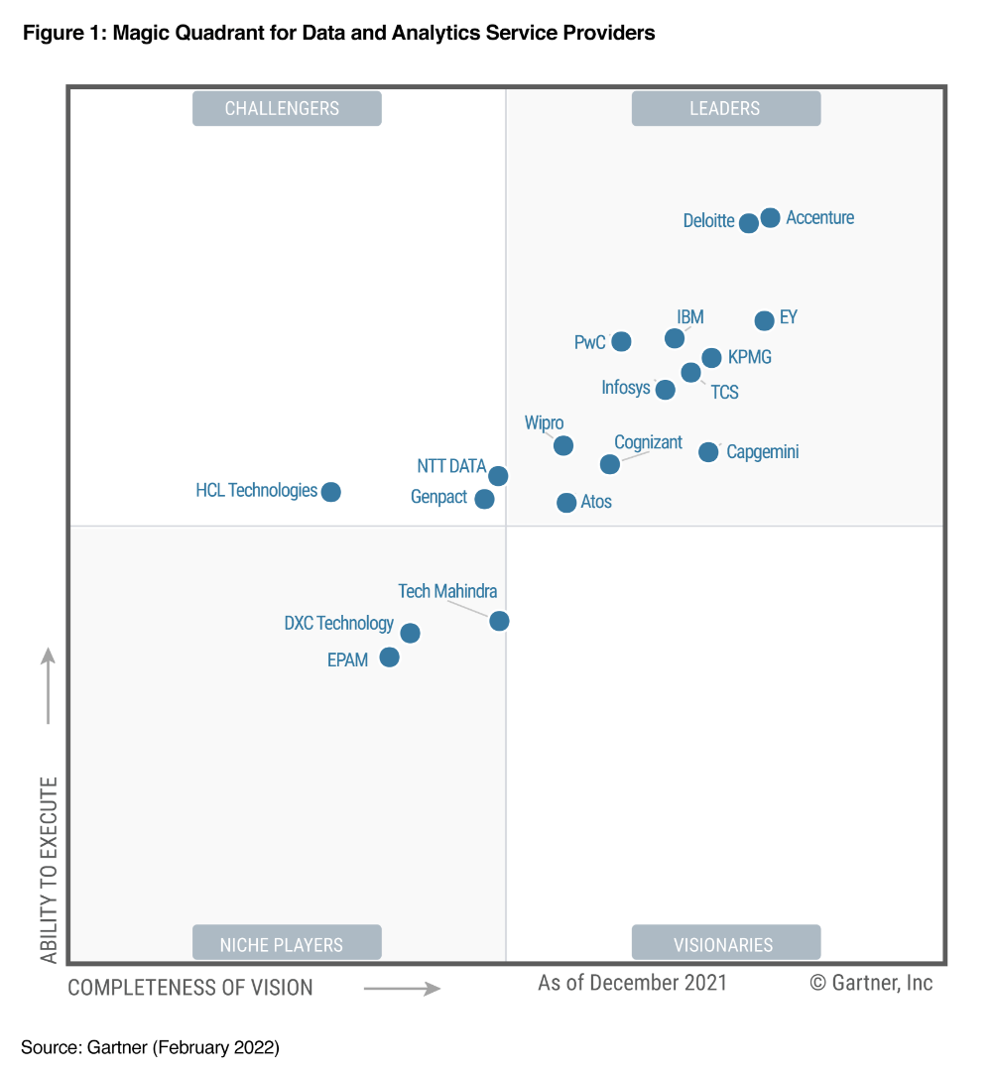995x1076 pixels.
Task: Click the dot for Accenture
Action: point(770,217)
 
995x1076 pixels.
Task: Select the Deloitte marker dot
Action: point(749,223)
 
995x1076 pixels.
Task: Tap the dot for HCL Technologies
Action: point(331,492)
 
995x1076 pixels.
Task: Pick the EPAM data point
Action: point(389,658)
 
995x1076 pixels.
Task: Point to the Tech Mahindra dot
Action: point(499,621)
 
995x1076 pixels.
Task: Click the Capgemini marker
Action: point(708,452)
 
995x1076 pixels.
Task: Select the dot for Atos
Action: point(566,503)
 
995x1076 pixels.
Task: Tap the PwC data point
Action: point(621,341)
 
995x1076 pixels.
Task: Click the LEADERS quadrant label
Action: point(725,108)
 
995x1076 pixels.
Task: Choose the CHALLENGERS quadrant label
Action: point(286,108)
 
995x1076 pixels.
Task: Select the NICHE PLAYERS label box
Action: point(286,944)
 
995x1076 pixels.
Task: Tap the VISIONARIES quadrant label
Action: point(725,944)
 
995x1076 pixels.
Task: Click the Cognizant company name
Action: point(648,442)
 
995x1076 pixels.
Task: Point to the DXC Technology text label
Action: point(338,623)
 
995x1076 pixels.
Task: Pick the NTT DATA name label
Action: point(451,466)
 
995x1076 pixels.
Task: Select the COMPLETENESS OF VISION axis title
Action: point(190,988)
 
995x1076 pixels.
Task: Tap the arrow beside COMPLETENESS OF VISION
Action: point(402,988)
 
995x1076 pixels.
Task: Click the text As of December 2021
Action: point(632,983)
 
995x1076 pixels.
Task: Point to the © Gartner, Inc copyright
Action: point(871,983)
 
